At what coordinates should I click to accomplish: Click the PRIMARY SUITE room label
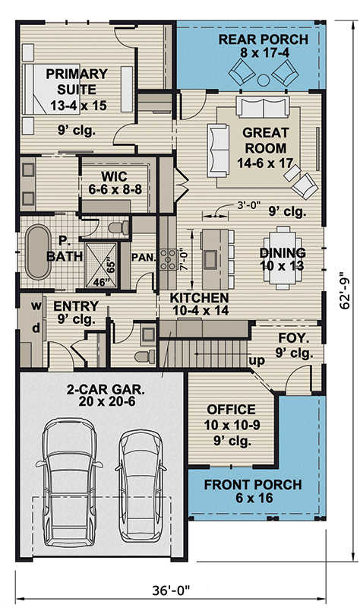point(76,86)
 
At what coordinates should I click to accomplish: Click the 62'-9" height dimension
point(346,290)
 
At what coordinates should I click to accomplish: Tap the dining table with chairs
point(283,248)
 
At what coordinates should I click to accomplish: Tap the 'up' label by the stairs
point(256,361)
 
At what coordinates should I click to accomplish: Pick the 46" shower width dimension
point(97,282)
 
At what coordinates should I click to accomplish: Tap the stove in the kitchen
point(171,260)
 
